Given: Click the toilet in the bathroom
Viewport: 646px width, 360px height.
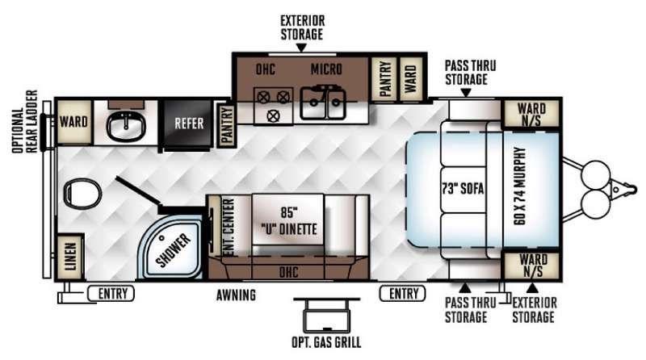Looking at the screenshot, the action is coord(82,194).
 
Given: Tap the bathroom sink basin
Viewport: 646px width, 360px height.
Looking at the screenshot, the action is coord(126,127).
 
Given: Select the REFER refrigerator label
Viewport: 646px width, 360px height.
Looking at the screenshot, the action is coord(189,123).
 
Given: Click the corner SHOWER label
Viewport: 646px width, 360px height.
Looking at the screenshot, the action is coord(174,250).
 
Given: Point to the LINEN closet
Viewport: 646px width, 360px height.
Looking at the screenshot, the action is coord(69,257).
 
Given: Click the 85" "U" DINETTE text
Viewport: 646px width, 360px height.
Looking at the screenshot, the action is coord(289,221).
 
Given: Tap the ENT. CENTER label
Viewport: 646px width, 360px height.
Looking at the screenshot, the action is coord(228,227).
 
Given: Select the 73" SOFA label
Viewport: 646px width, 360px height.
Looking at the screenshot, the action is coord(463,189).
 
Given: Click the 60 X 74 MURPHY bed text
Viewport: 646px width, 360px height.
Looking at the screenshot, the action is coord(520,186).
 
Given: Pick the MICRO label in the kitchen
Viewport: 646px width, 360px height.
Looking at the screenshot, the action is coord(326,69).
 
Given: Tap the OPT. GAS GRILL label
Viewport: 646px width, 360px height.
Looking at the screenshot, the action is coord(326,342).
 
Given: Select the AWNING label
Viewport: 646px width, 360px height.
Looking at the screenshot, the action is coord(236,295).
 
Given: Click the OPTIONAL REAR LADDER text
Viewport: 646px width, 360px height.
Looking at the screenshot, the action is coord(25,122).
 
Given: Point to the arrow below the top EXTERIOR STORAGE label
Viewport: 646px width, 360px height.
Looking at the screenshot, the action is coord(301,48).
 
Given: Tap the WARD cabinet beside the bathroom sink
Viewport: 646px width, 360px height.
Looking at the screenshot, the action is coord(73,122).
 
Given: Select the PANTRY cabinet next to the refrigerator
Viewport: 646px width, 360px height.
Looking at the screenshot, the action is coord(226,126).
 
